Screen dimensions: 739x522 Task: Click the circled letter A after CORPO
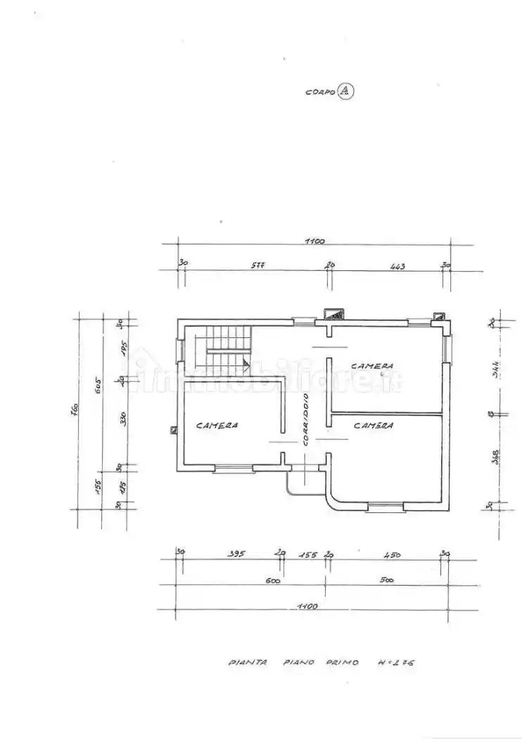[345, 91]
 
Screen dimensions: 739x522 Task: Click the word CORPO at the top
[320, 92]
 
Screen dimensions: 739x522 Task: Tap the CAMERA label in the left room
[217, 425]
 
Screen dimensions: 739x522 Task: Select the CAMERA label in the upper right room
[372, 366]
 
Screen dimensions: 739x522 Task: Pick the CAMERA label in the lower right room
[374, 425]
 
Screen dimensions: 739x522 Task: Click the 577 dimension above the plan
[257, 267]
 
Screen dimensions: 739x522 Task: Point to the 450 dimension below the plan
[391, 555]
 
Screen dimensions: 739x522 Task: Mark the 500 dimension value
[386, 581]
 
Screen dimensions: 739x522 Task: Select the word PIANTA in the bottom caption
[248, 662]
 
